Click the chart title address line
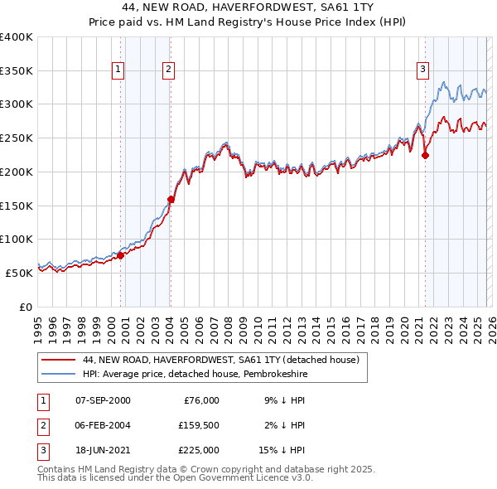click(248, 7)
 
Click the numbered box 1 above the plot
click(119, 70)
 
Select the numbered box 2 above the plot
click(168, 70)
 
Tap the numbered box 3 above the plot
click(422, 70)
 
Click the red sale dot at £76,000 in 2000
click(121, 255)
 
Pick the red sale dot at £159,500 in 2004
click(171, 199)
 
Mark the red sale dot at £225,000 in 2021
click(425, 154)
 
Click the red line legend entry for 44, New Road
click(220, 361)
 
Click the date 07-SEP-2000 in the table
click(102, 399)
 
